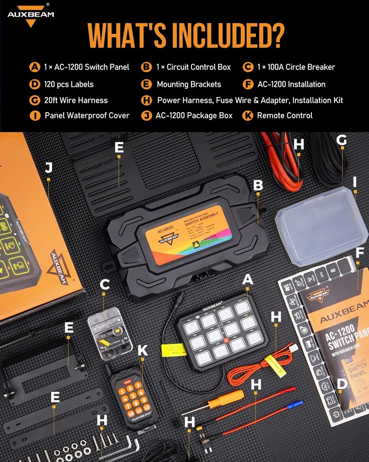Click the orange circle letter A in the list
[35, 67]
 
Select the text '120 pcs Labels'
[69, 84]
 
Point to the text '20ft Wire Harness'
[76, 100]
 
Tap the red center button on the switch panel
[226, 342]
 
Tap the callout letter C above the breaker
[105, 285]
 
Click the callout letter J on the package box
[48, 168]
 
